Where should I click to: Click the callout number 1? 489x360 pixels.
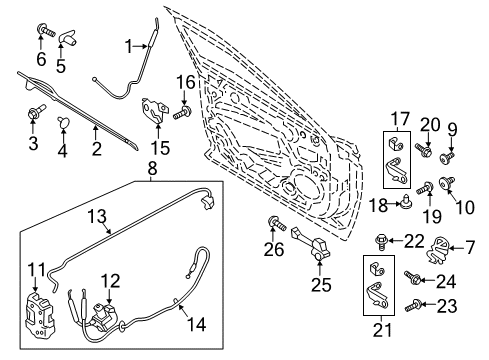(129, 44)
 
